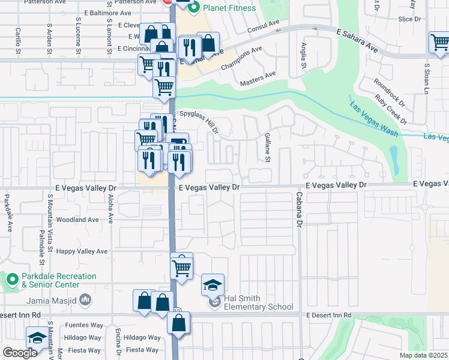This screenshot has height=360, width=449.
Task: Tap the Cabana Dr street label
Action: click(298, 209)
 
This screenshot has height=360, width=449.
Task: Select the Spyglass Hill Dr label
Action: click(199, 122)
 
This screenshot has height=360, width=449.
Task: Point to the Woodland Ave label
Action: click(76, 220)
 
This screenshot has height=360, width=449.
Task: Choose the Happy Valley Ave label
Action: click(82, 251)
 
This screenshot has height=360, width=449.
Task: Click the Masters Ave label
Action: click(258, 79)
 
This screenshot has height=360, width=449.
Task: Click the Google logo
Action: click(20, 353)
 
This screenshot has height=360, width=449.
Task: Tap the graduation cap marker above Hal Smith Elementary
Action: click(212, 285)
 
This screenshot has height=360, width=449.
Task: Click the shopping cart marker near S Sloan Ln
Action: click(440, 43)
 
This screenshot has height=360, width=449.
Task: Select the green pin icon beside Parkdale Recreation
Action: click(12, 280)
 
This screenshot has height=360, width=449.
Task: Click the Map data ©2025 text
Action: click(424, 356)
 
